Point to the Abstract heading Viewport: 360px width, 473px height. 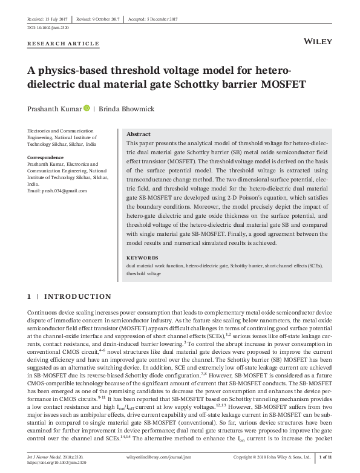(x=139, y=134)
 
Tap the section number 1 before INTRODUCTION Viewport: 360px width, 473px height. (x=29, y=296)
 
